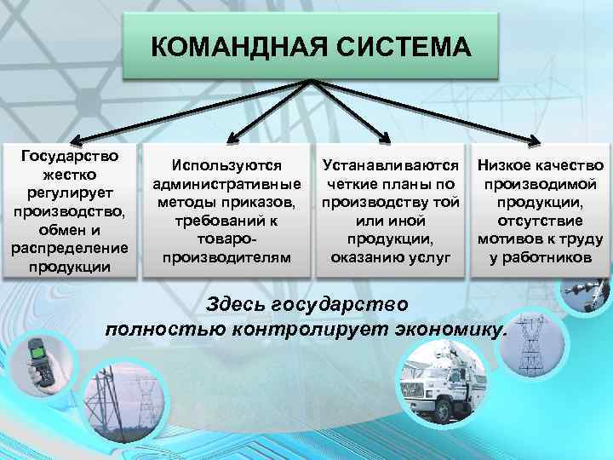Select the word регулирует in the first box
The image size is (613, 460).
pyautogui.click(x=71, y=193)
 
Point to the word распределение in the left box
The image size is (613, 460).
pyautogui.click(x=71, y=249)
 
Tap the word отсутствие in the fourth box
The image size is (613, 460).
pyautogui.click(x=541, y=220)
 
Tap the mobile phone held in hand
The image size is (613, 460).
pyautogui.click(x=39, y=356)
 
